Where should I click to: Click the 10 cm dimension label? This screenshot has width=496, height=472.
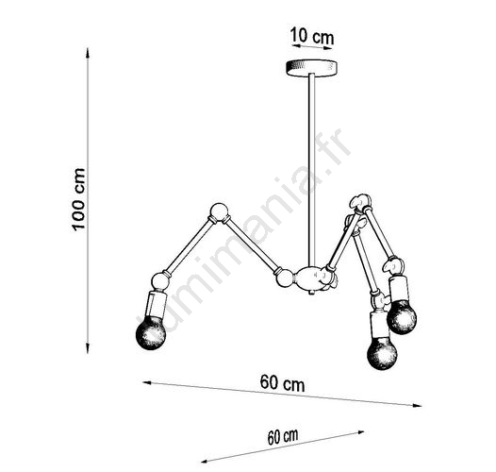(x=312, y=36)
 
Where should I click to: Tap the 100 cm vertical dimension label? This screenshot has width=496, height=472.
(x=78, y=199)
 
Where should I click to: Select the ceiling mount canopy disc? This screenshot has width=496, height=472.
(x=311, y=68)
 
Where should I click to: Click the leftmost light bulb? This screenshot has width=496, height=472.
(x=151, y=333)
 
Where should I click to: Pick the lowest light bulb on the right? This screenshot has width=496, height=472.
(x=382, y=353)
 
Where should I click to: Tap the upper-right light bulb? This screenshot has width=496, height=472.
(x=402, y=317)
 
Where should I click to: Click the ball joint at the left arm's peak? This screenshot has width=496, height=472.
(x=219, y=211)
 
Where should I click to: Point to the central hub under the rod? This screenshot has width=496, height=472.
(x=311, y=278)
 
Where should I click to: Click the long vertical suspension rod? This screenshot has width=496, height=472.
(x=311, y=170)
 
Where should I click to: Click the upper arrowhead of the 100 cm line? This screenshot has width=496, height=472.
(x=88, y=53)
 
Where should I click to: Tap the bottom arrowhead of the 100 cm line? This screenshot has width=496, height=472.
(x=88, y=347)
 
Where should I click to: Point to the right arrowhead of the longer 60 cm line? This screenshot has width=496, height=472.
(x=417, y=405)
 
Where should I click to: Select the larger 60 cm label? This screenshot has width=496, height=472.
(x=283, y=383)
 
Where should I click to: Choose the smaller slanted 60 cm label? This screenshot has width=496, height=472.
(x=283, y=437)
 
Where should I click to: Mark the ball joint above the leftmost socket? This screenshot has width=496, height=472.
(x=160, y=281)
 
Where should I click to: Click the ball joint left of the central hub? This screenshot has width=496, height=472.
(x=285, y=278)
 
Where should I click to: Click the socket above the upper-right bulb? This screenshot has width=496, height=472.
(x=397, y=288)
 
